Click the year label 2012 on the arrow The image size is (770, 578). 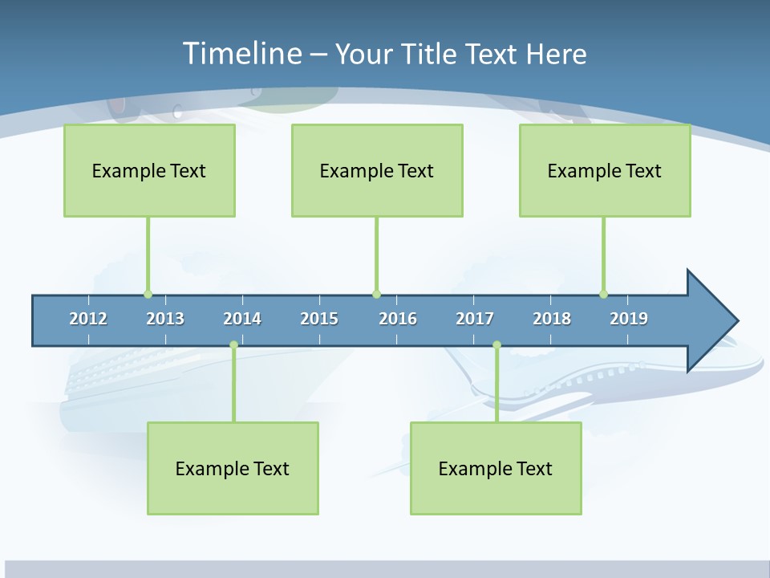88,319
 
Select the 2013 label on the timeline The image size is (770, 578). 165,319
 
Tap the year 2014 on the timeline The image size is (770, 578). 242,319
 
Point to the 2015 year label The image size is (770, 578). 319,319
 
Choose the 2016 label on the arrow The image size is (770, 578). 398,319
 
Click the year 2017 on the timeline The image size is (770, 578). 475,319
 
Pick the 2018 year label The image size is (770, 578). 552,319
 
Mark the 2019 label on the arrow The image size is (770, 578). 629,319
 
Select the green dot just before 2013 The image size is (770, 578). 148,294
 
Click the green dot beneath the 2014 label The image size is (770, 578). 233,344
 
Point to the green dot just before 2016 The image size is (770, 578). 376,294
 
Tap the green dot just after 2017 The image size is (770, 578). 496,344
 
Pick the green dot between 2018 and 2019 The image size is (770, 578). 603,294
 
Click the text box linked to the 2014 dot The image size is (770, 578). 233,468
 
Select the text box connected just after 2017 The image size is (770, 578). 496,468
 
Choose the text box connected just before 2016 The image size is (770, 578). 377,170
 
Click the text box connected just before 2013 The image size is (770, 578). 149,170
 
